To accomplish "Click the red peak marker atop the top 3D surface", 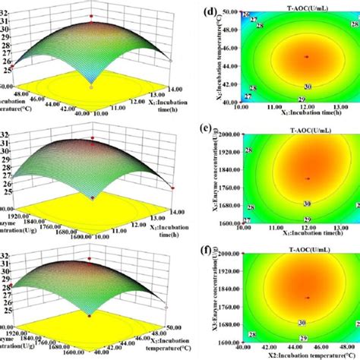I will coord(91,14).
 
